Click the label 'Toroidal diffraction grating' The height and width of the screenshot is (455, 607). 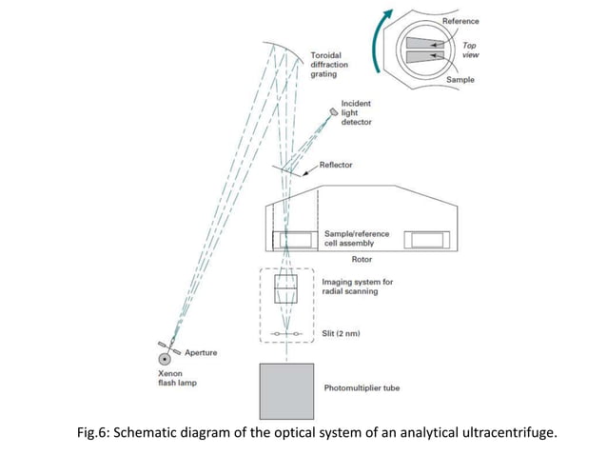coord(329,65)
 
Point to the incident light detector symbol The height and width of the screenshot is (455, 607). coord(334,112)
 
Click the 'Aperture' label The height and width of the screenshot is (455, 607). coord(200,352)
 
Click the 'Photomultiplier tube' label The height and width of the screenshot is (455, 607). coord(362,388)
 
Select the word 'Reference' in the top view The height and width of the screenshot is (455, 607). coord(460,21)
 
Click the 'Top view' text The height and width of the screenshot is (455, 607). coord(470,49)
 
